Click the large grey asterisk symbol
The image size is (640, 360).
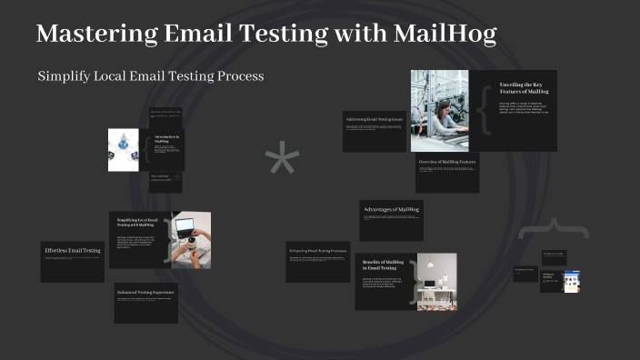282,161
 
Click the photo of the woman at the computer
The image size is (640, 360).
439,111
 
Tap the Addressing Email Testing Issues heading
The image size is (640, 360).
373,119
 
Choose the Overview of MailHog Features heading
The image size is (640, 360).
447,161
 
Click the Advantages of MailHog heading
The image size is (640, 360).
391,210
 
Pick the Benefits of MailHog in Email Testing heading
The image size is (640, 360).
383,265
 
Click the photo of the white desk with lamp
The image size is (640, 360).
436,282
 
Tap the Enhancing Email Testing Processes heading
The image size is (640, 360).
317,250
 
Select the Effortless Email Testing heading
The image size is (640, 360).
73,250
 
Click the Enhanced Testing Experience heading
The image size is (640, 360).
145,293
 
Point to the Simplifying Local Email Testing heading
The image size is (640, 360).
138,224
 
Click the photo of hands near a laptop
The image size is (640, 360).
191,240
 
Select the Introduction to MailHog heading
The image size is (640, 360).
166,139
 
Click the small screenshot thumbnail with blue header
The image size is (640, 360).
571,282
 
